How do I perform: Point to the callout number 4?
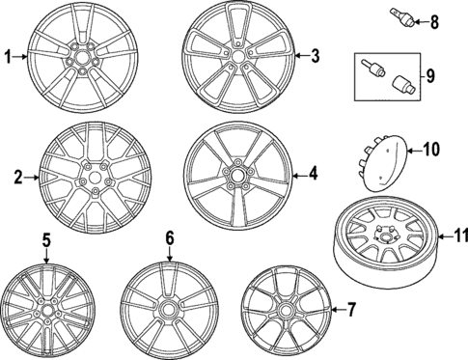[313, 174]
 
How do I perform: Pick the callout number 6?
[169, 237]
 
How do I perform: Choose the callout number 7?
[351, 309]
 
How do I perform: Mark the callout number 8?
[433, 19]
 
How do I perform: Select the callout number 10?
[430, 149]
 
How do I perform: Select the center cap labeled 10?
[386, 157]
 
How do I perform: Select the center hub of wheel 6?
[171, 309]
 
